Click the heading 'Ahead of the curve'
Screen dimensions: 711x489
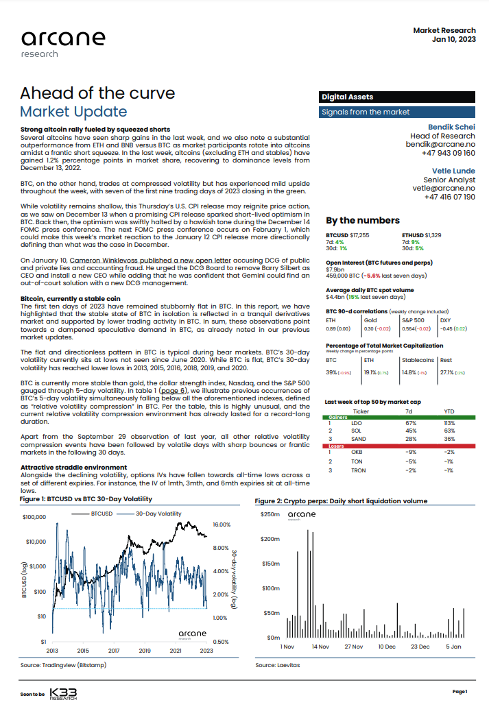(x=97, y=93)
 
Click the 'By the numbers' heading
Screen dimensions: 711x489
(x=362, y=220)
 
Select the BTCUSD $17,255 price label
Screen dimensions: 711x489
(x=347, y=235)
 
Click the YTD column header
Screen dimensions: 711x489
(x=449, y=411)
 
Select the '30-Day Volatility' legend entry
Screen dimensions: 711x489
(x=158, y=513)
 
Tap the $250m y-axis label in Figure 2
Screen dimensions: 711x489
(x=270, y=514)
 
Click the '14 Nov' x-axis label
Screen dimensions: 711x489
(x=320, y=647)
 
